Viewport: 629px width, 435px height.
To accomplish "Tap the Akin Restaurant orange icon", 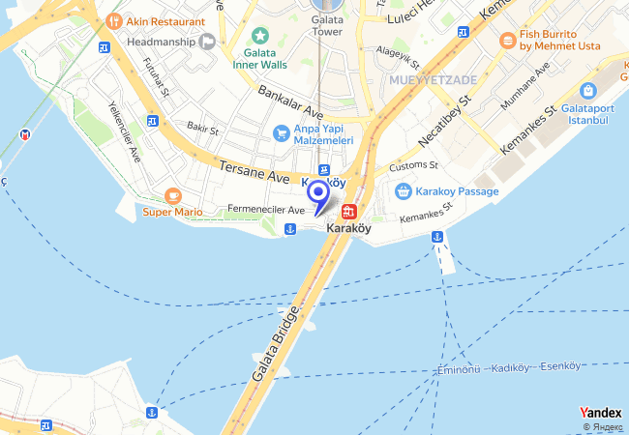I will [x=113, y=20].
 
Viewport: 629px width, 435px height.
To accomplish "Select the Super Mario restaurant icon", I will [x=174, y=195].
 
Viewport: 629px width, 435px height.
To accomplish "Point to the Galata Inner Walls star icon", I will [x=259, y=36].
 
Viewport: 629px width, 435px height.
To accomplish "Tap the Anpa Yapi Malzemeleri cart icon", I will [x=281, y=132].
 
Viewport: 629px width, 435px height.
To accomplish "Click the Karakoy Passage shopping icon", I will [x=404, y=191].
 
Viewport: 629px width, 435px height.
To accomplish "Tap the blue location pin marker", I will [x=316, y=193].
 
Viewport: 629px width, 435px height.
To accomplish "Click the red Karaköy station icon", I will [x=348, y=211].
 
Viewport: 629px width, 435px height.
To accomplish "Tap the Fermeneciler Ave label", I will [x=266, y=209].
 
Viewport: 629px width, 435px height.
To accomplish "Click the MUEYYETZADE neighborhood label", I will [x=434, y=79].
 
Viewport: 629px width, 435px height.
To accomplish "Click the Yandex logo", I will [x=600, y=413].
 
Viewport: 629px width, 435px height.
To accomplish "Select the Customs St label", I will [x=414, y=166].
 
